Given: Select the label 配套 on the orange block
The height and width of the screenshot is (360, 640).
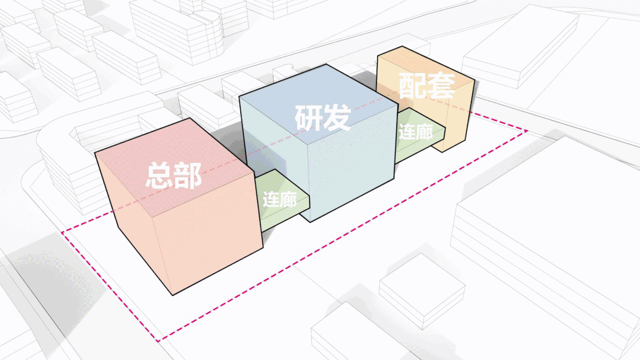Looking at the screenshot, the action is [426, 87].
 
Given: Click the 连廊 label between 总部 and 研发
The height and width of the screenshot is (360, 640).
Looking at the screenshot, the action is [279, 200].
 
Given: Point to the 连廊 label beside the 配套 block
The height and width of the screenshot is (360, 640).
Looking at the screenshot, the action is [415, 132].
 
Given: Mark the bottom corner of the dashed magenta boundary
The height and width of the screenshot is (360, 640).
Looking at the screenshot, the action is [158, 341].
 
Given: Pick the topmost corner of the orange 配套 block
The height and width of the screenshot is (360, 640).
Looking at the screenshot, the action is [401, 47].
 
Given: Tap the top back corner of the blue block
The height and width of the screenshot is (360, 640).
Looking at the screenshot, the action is [326, 64].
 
